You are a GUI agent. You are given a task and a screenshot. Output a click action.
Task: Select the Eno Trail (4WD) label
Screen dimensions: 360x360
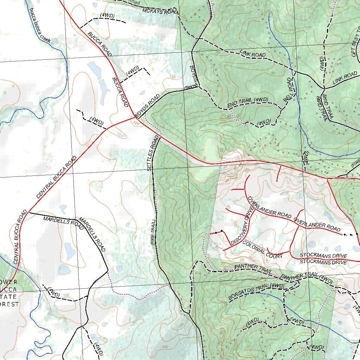pos(248,102)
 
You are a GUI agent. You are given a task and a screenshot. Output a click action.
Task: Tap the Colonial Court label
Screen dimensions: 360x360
pos(262,249)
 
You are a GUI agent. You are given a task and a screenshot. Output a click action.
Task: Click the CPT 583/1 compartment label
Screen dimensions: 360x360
pos(355,44)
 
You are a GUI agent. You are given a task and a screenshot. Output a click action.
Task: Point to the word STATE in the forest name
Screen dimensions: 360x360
pos(10,297)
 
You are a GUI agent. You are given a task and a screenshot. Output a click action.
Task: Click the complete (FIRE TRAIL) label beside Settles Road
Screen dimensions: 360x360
pos(153,232)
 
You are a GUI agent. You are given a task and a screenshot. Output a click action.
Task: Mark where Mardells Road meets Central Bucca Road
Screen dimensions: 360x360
pos(28,212)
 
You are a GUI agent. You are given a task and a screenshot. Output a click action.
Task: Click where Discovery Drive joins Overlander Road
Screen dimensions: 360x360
pos(254,207)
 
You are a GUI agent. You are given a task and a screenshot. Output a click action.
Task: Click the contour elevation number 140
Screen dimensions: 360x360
pos(165,347)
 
